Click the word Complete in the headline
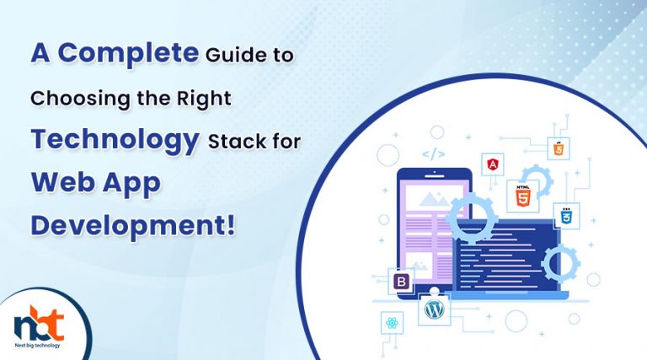(128, 54)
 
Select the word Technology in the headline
(115, 140)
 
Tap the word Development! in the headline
(133, 226)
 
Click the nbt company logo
(40, 323)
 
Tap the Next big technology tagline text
(37, 345)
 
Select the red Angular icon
(492, 164)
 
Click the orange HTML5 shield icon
(522, 196)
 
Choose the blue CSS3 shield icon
(566, 216)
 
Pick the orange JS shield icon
(559, 148)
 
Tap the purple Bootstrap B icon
(401, 282)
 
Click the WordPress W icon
(434, 309)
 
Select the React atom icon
(392, 322)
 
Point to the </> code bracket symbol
(433, 155)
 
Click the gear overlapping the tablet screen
(472, 219)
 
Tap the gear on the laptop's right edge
(560, 263)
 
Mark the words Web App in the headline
(96, 184)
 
